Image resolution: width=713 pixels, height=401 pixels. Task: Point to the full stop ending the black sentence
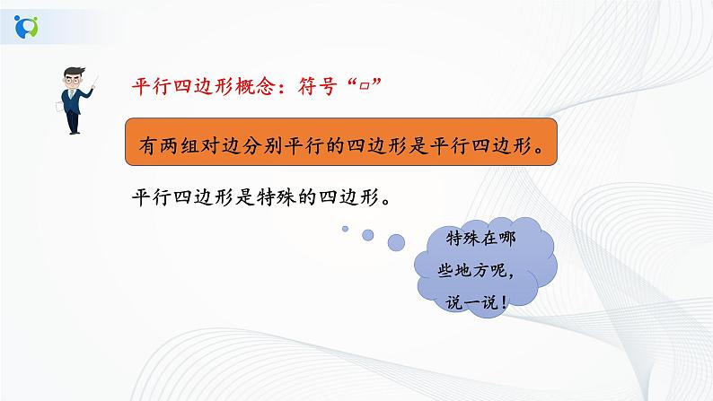tap(386, 199)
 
